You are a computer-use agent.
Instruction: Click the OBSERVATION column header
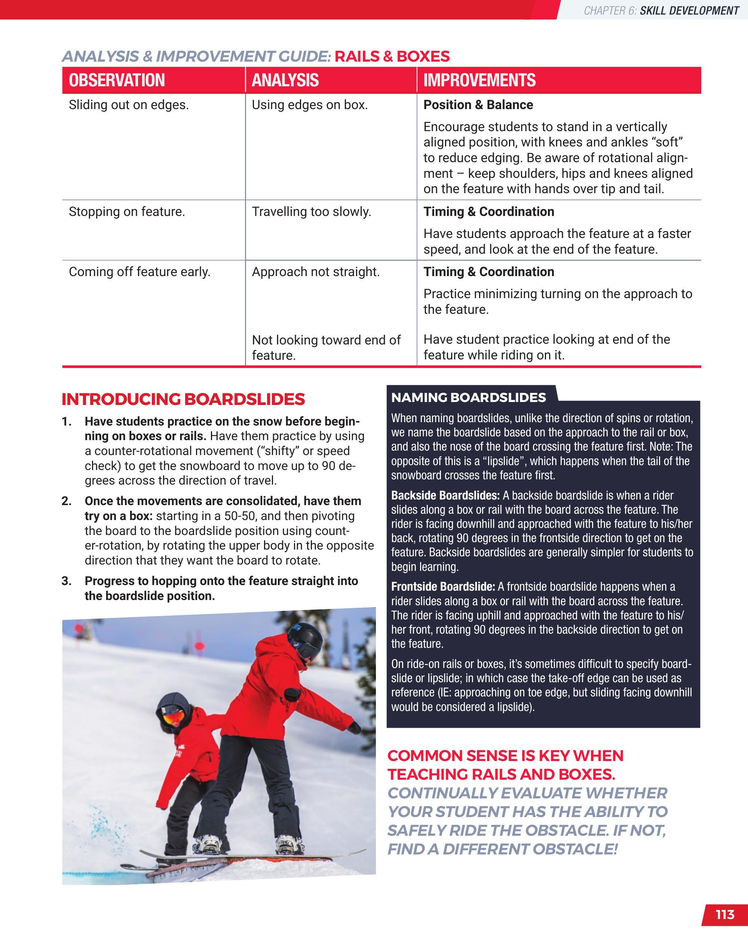tap(117, 81)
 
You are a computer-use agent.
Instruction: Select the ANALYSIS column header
tap(285, 81)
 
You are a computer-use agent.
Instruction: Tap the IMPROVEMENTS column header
tap(479, 81)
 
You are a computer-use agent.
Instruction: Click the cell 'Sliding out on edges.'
tap(129, 105)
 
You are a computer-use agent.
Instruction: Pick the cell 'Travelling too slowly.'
tap(311, 212)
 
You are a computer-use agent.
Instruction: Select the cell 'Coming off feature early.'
tap(139, 272)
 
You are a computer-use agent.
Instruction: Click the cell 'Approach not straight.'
tap(316, 272)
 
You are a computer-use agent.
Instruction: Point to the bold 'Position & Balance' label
tap(478, 105)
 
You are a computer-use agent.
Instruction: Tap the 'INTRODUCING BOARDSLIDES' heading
tap(183, 399)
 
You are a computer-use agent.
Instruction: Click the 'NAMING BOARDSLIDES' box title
tap(468, 398)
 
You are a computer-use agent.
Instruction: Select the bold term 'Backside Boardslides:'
tap(445, 496)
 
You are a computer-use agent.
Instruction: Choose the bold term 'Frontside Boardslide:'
tap(443, 587)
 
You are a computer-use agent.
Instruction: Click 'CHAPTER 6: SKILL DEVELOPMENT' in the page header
tap(661, 11)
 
